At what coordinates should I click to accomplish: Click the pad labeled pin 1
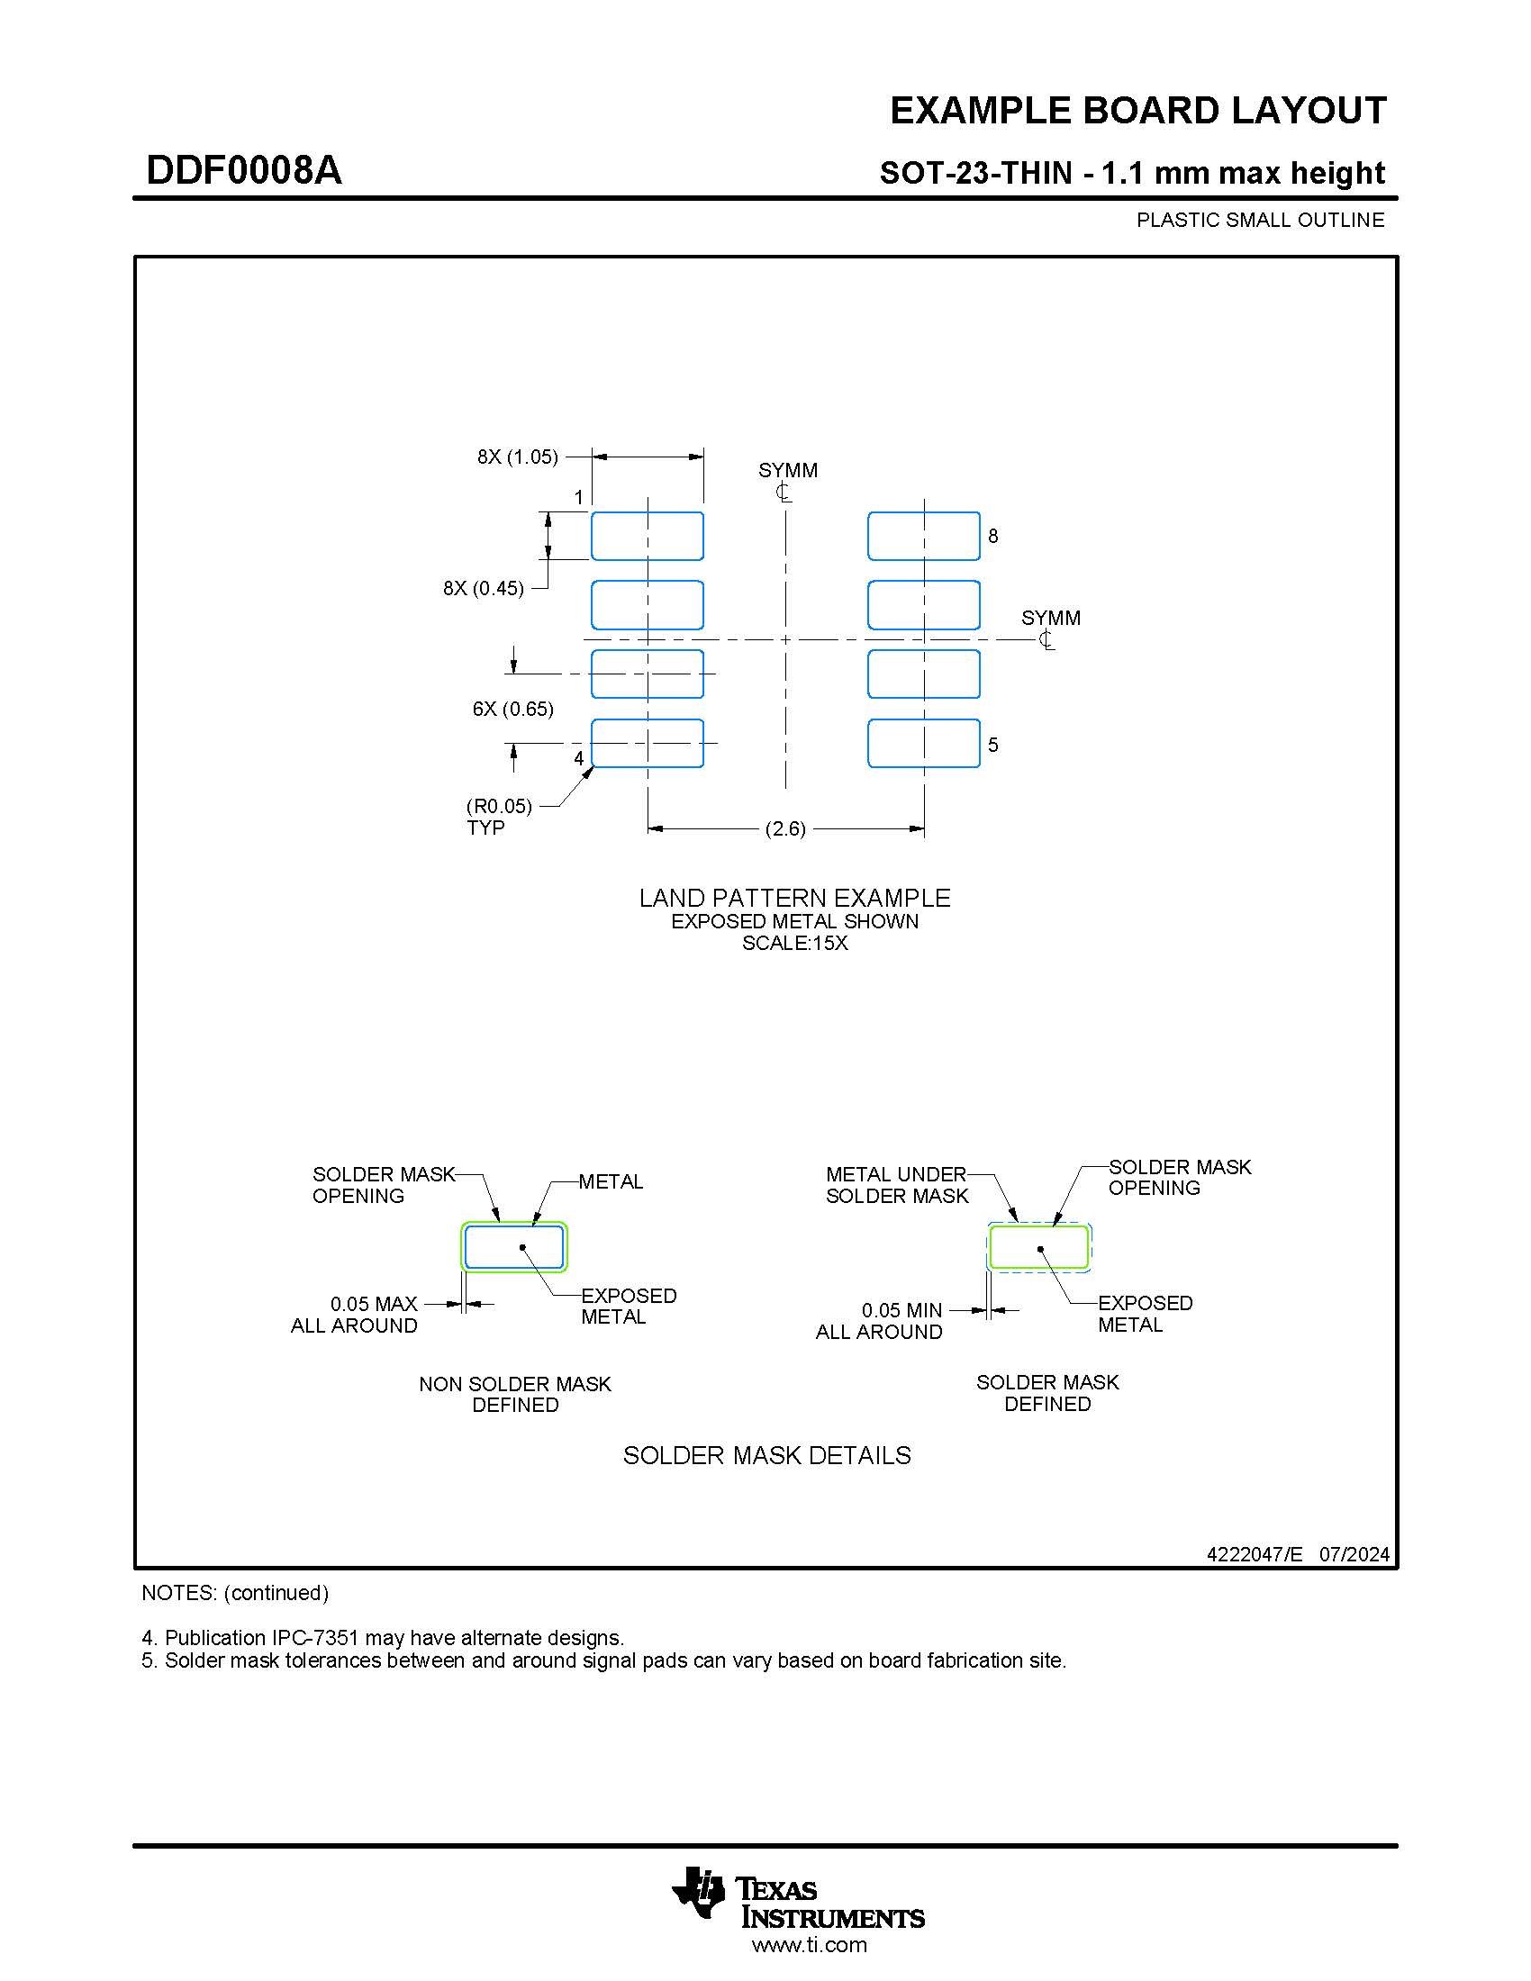pyautogui.click(x=647, y=536)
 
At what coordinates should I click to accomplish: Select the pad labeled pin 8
pyautogui.click(x=923, y=536)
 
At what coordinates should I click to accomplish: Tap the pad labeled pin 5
pyautogui.click(x=923, y=743)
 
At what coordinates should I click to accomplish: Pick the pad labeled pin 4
pyautogui.click(x=647, y=743)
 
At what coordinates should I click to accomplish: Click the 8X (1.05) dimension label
pyautogui.click(x=518, y=457)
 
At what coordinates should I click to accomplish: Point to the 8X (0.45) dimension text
pyautogui.click(x=484, y=588)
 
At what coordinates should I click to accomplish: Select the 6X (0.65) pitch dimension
pyautogui.click(x=512, y=709)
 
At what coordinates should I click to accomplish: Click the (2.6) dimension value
pyautogui.click(x=785, y=828)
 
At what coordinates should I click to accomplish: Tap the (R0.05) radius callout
pyautogui.click(x=499, y=807)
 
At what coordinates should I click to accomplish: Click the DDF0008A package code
pyautogui.click(x=244, y=170)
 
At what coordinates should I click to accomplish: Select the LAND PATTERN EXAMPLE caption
pyautogui.click(x=794, y=898)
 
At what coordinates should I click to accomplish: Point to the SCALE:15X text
pyautogui.click(x=794, y=944)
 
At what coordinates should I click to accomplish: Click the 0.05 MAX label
pyautogui.click(x=374, y=1304)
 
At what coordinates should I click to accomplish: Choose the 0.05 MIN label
pyautogui.click(x=901, y=1310)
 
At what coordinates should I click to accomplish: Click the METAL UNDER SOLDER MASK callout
pyautogui.click(x=896, y=1185)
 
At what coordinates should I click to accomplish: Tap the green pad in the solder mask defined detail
pyautogui.click(x=1038, y=1246)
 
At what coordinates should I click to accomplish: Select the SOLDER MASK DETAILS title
pyautogui.click(x=766, y=1455)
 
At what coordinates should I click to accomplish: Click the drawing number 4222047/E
pyautogui.click(x=1255, y=1554)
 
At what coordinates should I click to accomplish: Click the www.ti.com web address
pyautogui.click(x=809, y=1945)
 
